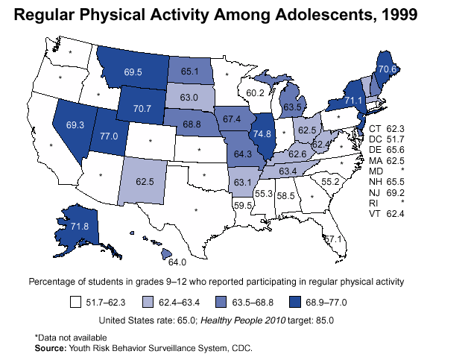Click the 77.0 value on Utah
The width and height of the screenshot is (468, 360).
[110, 136]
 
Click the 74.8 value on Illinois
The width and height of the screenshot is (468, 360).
[262, 134]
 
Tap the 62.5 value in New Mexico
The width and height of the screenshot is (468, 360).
[145, 180]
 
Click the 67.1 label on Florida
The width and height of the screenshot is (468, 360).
[332, 239]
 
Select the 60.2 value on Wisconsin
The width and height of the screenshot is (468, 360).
[256, 93]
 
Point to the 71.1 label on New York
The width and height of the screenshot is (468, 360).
[353, 100]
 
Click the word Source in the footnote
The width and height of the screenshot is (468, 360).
[50, 348]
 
